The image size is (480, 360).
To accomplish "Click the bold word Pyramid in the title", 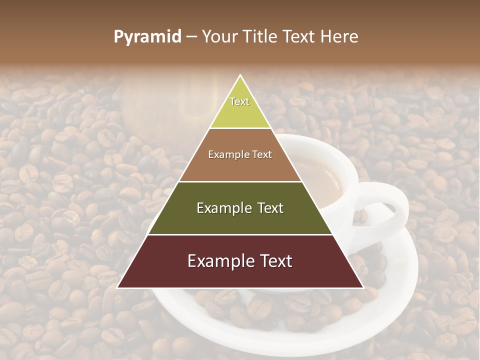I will (x=147, y=36).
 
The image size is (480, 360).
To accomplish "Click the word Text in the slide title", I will (x=299, y=36).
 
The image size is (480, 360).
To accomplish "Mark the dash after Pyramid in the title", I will (x=191, y=37).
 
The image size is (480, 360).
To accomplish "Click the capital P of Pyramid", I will (x=118, y=36).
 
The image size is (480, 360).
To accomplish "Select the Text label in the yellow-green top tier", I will (x=239, y=101).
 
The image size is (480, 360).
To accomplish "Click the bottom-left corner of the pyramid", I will (x=118, y=287).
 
